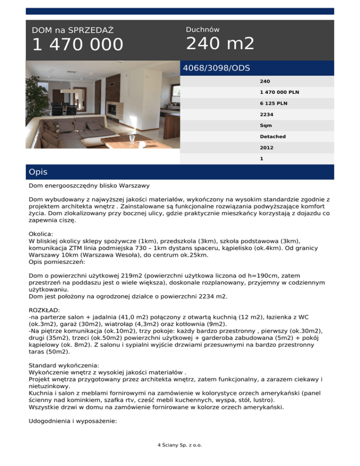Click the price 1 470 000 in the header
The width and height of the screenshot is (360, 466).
(77, 45)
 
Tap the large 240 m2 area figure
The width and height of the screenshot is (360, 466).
(220, 44)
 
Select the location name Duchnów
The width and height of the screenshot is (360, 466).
(202, 30)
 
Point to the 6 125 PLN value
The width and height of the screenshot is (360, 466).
(272, 104)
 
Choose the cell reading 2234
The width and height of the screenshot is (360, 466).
(267, 114)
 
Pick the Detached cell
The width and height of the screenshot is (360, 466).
(273, 136)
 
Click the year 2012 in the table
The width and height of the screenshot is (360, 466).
(267, 147)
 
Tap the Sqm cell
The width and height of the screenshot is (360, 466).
(266, 126)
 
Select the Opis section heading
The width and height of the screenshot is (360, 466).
(38, 172)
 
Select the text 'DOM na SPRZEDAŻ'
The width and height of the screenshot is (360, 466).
(73, 30)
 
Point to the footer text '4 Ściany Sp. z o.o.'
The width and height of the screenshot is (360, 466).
(180, 445)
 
